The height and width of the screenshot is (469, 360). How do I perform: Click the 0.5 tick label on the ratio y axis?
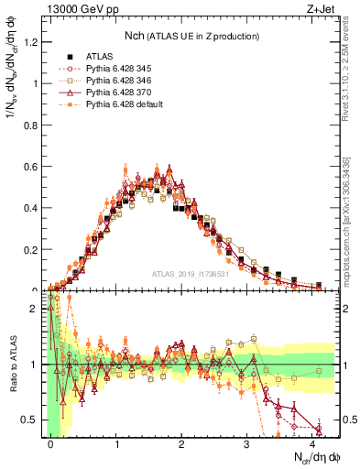tap(28, 420)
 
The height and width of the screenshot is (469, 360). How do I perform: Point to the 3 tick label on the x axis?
tap(247, 443)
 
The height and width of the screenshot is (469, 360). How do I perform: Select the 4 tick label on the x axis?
tap(312, 443)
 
